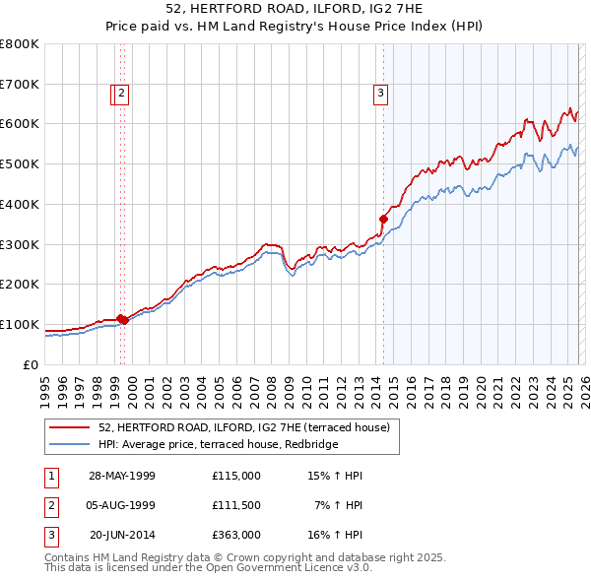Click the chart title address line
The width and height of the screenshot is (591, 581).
tap(295, 10)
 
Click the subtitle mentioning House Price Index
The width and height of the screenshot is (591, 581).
tap(295, 28)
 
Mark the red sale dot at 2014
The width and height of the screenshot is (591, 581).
tap(383, 219)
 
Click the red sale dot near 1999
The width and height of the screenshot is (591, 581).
tap(122, 319)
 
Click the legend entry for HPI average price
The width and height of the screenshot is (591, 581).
tap(218, 444)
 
